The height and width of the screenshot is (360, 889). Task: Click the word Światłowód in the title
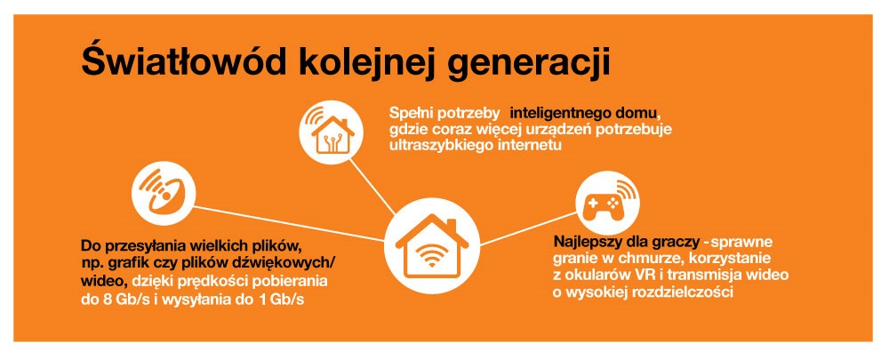[x=184, y=60]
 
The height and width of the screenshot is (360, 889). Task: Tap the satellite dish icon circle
[x=164, y=193]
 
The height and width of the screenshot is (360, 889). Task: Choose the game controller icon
[x=607, y=203]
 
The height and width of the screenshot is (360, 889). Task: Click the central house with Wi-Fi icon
[x=432, y=245]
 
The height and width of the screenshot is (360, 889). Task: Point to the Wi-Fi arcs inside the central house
[x=432, y=253]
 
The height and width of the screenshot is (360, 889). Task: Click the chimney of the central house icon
[x=453, y=226]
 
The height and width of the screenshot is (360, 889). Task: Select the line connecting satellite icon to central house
[x=289, y=224]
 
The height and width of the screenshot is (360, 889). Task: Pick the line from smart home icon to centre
[x=372, y=187]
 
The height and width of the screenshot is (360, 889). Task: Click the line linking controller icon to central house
[x=528, y=229]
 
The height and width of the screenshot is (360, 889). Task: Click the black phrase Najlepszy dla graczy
[x=626, y=243]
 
